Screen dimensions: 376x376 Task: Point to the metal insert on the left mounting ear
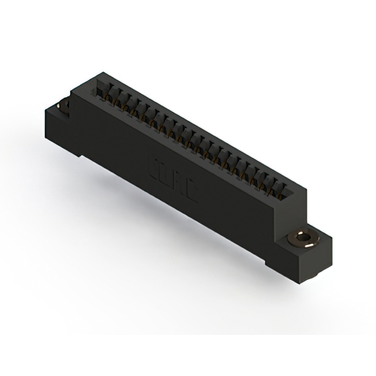[x=64, y=106]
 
